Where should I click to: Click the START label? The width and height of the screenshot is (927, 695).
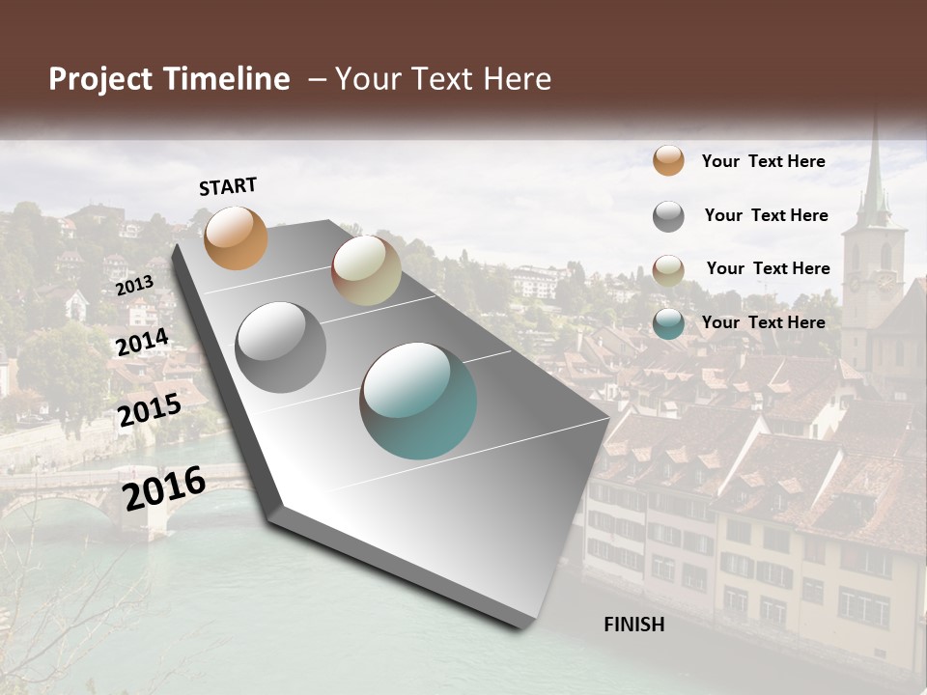(228, 186)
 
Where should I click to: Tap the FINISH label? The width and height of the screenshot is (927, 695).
(633, 625)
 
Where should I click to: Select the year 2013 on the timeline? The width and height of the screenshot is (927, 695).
(134, 285)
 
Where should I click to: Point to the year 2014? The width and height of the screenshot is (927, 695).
(142, 343)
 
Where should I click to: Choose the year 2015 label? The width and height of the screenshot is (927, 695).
(149, 410)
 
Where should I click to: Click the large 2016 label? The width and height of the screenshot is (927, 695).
(164, 487)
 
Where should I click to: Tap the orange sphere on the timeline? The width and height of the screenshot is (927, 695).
(236, 237)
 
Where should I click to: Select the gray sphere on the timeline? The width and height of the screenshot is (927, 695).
(280, 347)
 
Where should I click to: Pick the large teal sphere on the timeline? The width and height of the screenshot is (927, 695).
(418, 401)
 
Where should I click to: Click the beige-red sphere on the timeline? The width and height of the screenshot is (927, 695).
(366, 270)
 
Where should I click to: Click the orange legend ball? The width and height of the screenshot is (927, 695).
(668, 160)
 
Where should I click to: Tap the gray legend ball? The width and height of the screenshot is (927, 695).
(668, 216)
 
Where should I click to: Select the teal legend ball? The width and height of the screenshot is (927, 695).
(668, 323)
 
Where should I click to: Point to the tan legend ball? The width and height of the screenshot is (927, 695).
(668, 270)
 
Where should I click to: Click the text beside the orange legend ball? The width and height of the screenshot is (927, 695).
(763, 161)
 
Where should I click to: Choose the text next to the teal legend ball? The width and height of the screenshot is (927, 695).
(763, 322)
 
